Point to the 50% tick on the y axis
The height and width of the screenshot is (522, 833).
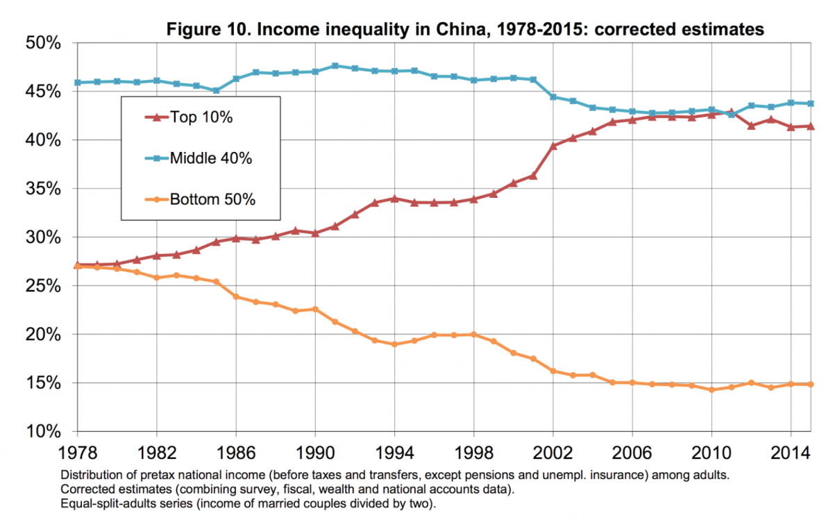pyautogui.click(x=44, y=43)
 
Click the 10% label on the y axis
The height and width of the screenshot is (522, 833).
pyautogui.click(x=44, y=432)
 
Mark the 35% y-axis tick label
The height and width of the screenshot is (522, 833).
pyautogui.click(x=44, y=189)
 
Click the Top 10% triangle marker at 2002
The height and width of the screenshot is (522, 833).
pyautogui.click(x=553, y=146)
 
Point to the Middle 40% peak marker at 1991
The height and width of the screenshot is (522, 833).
pyautogui.click(x=335, y=66)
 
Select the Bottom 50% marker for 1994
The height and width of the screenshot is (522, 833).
pyautogui.click(x=394, y=344)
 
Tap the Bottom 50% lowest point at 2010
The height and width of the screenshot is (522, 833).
pyautogui.click(x=712, y=390)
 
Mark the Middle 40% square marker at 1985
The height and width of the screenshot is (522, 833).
pyautogui.click(x=215, y=90)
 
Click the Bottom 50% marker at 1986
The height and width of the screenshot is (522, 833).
pyautogui.click(x=235, y=296)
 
